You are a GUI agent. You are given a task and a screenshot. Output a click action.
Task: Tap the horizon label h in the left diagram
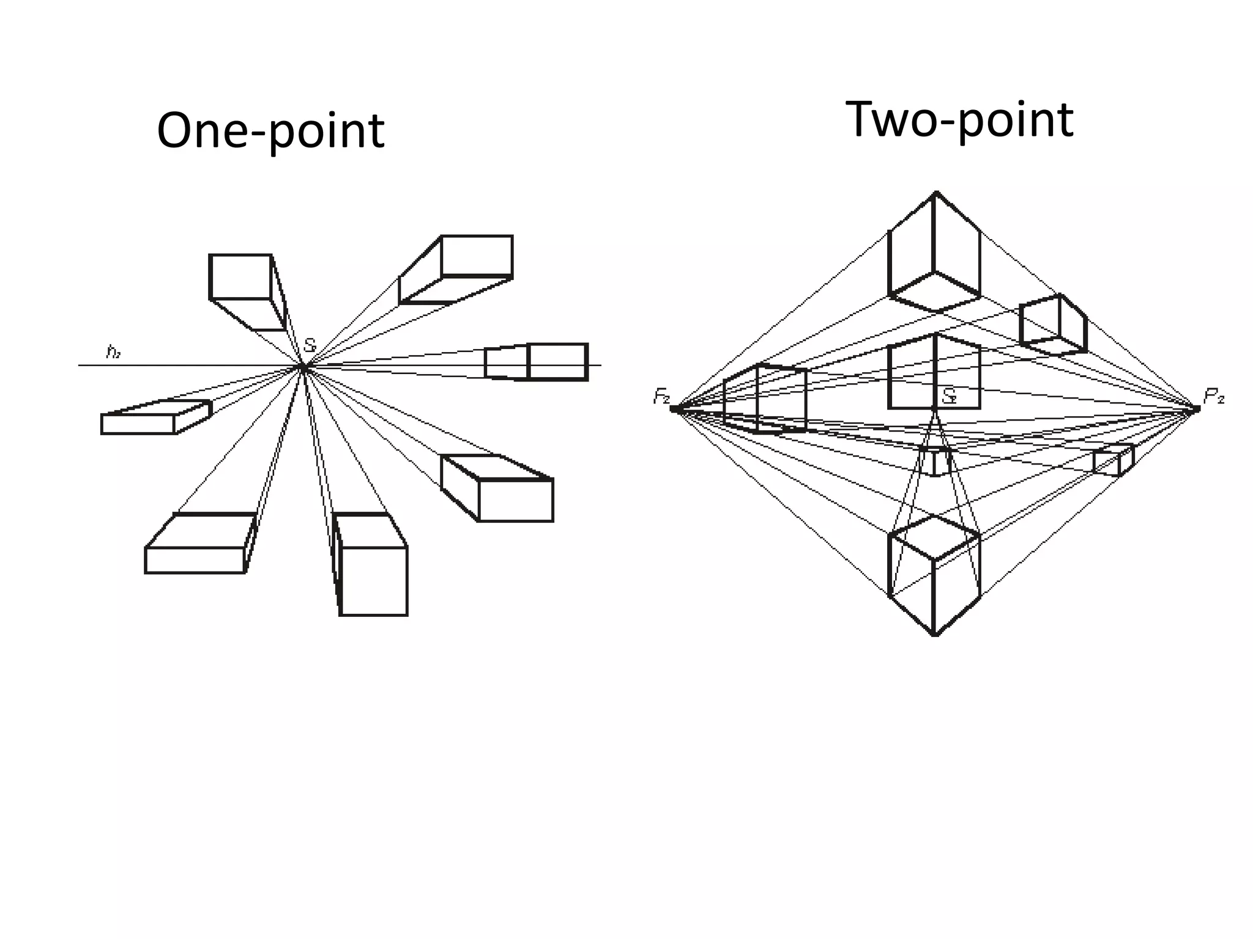pyautogui.click(x=113, y=352)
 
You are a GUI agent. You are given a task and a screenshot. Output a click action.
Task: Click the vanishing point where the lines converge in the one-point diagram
pyautogui.click(x=303, y=367)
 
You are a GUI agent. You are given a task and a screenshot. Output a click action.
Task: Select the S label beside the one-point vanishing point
pyautogui.click(x=310, y=345)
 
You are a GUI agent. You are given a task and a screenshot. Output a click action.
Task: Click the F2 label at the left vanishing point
pyautogui.click(x=661, y=397)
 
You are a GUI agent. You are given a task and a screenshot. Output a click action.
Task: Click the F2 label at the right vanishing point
pyautogui.click(x=1214, y=397)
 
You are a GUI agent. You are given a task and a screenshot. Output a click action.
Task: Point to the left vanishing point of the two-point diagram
pyautogui.click(x=674, y=409)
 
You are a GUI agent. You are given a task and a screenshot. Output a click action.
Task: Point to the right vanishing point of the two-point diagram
pyautogui.click(x=1197, y=408)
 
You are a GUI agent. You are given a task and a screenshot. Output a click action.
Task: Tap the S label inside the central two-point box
pyautogui.click(x=949, y=396)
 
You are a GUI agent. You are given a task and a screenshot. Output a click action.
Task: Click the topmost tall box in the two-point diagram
pyautogui.click(x=934, y=254)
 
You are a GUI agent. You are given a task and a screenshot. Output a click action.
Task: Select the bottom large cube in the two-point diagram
pyautogui.click(x=934, y=575)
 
